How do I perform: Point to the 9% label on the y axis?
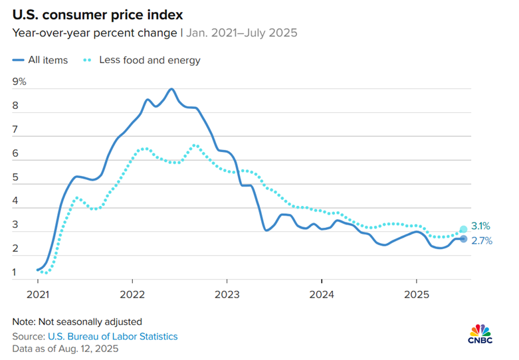(19, 82)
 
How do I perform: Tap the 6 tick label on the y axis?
(15, 154)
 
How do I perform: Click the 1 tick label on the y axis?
(15, 272)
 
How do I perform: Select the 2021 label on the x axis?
(37, 293)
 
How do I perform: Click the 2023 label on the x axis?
(227, 293)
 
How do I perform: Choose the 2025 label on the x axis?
(416, 293)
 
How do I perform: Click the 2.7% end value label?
(482, 241)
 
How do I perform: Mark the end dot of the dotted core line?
(463, 230)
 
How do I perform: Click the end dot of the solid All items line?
(463, 239)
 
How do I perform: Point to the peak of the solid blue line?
(171, 88)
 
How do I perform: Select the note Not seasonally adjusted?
(77, 322)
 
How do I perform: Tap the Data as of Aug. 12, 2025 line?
(65, 348)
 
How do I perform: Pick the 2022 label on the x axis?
(132, 293)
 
